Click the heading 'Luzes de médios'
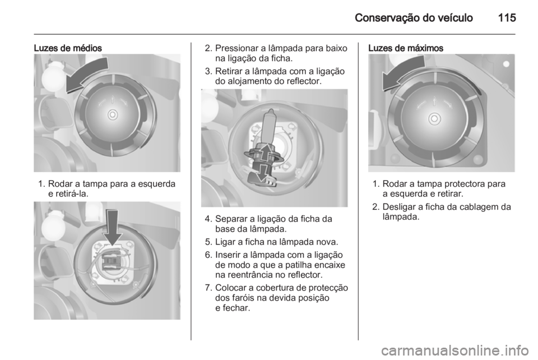tap(68, 48)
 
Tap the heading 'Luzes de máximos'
tap(406, 48)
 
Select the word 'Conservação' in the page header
tap(387, 18)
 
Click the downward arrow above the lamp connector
tap(113, 227)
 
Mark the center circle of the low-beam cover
tap(113, 114)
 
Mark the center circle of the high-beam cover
tap(434, 119)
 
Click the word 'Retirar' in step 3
tap(229, 71)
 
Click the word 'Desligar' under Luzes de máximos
tap(398, 207)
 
